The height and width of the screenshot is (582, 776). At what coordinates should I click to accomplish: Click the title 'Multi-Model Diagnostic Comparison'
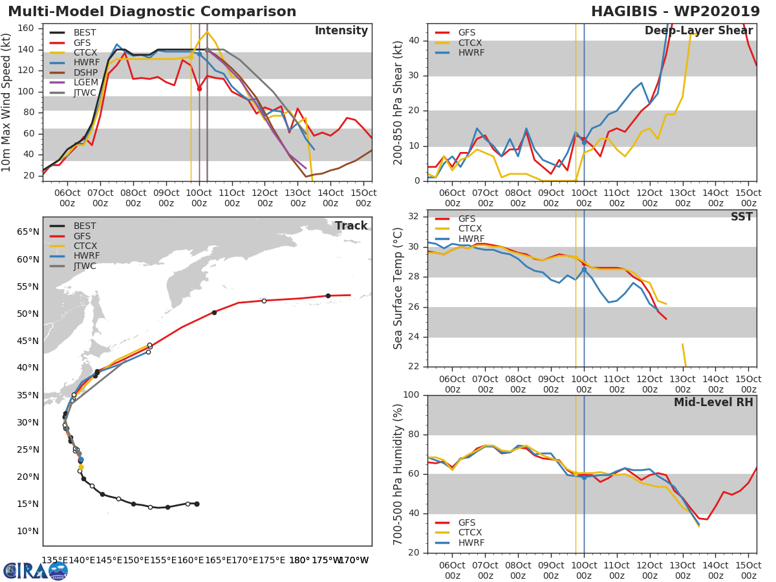152,12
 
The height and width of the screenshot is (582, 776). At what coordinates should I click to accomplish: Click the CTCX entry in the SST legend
470,229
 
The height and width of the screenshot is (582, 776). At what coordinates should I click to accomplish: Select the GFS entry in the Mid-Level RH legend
470,523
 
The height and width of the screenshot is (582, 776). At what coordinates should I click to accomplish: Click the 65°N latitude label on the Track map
27,232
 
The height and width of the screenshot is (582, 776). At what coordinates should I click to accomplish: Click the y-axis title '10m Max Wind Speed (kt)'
7,102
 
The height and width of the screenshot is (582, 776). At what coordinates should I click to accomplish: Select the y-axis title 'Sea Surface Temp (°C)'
399,288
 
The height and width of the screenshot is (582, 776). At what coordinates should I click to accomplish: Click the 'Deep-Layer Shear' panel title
698,31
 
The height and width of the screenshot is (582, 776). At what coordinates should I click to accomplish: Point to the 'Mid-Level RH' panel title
713,403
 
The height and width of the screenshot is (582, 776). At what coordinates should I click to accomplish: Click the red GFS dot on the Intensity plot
199,89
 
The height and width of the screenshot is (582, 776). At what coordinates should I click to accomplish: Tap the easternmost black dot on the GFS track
328,296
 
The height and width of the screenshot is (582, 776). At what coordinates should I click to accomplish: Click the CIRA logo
36,570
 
